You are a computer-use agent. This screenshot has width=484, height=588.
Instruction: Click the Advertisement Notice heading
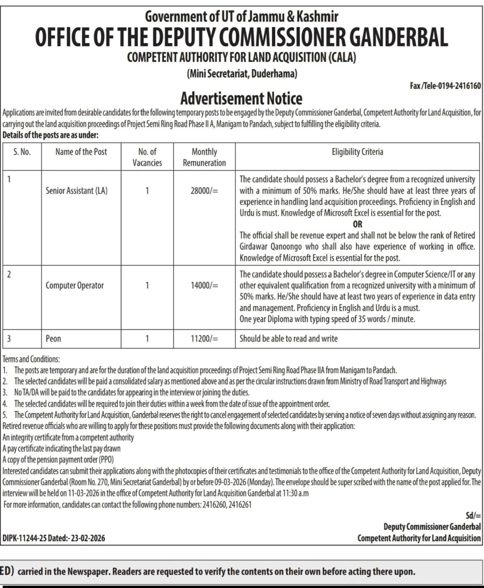pos(241,98)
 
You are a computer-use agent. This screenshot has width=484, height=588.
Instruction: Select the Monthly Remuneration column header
pos(204,157)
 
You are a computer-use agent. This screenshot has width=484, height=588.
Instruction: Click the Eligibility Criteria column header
pos(357,152)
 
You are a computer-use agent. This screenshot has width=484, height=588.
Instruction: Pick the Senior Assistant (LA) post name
pos(77,190)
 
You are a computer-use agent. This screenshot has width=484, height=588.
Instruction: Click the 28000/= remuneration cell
pos(204,191)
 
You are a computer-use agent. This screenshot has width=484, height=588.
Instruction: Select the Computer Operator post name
pos(75,285)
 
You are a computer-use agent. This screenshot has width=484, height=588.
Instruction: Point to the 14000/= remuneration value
pos(204,286)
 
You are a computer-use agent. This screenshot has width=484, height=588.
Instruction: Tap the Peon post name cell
pos(53,338)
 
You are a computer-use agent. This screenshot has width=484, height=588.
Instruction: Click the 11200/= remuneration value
pos(204,338)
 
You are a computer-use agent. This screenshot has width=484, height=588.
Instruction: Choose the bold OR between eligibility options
pos(357,224)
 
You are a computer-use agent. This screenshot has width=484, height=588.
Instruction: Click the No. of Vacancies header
pos(147,157)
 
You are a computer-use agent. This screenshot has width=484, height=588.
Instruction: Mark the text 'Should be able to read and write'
pos(289,338)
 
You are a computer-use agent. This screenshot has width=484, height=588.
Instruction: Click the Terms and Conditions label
pos(31,359)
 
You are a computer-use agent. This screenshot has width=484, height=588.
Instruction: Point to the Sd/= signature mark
pos(473,516)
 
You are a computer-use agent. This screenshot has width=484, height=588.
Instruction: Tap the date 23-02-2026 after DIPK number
pos(88,538)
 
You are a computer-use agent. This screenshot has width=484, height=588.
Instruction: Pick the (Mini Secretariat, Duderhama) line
pos(242,74)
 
